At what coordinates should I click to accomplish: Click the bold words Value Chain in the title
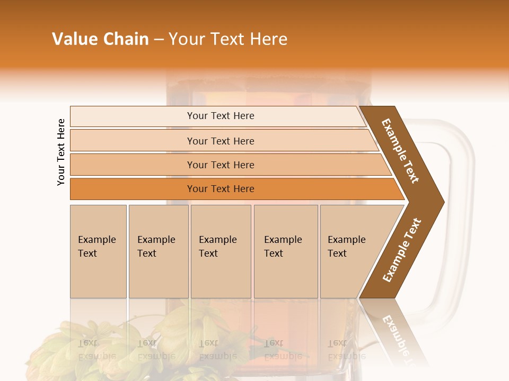(x=100, y=39)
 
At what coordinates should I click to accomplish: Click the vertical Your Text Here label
(x=62, y=152)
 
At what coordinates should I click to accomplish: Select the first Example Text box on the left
(x=98, y=251)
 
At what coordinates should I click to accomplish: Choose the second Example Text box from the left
(x=158, y=251)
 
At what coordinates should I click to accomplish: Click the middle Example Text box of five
(x=221, y=251)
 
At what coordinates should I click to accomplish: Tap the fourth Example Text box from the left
(x=285, y=251)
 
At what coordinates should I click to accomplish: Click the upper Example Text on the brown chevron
(x=401, y=151)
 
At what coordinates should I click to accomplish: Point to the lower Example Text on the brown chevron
(x=401, y=250)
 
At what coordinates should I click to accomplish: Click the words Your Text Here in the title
(x=228, y=39)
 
